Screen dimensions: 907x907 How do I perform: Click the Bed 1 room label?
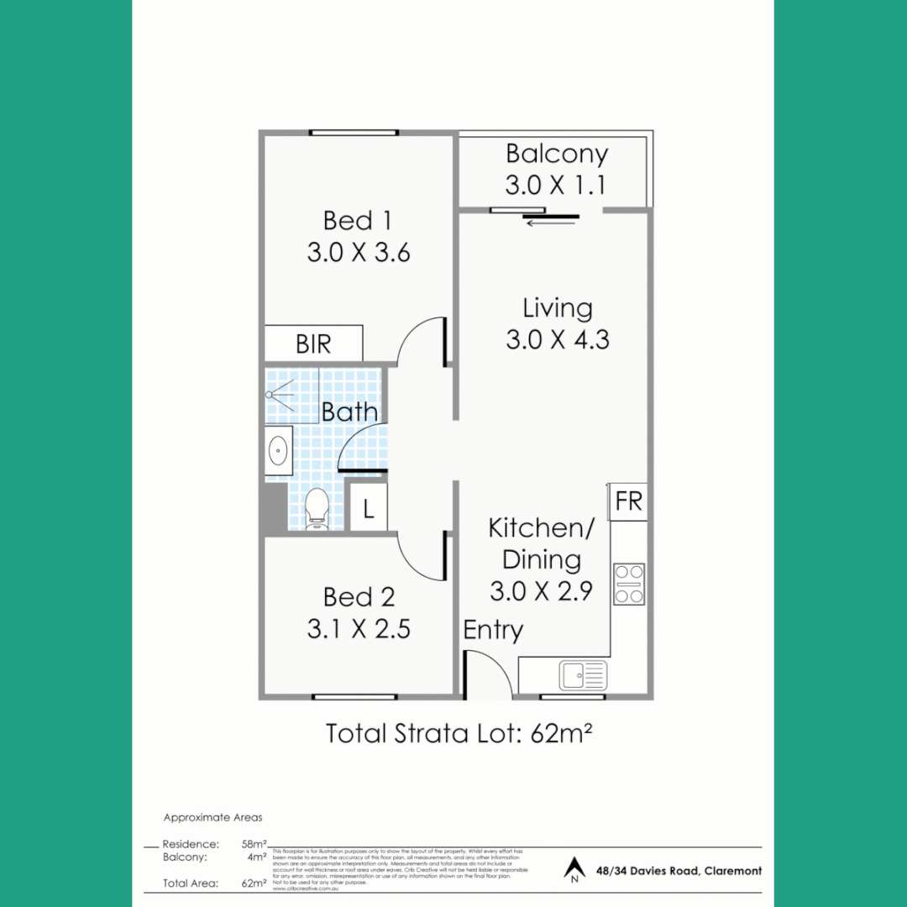point(358,221)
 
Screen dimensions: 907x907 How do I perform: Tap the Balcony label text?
point(557,155)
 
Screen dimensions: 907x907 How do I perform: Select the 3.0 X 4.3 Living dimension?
point(557,340)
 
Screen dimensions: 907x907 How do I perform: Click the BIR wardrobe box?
point(314,344)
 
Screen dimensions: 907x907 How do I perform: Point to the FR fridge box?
point(628,502)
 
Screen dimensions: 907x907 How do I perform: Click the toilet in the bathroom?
point(317,508)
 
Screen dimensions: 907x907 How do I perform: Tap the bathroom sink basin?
point(278,451)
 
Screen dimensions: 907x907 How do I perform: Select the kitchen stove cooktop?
point(628,584)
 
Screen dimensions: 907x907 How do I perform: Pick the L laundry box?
point(368,508)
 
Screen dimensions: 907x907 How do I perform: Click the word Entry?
point(493,631)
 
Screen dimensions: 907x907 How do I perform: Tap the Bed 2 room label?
point(358,597)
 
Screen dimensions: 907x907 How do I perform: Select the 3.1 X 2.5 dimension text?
point(358,629)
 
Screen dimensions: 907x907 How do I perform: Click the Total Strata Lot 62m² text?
point(459,734)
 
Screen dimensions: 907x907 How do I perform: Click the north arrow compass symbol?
point(574,869)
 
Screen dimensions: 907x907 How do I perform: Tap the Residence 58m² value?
point(254,844)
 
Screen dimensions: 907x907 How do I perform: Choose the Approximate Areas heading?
point(212,817)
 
